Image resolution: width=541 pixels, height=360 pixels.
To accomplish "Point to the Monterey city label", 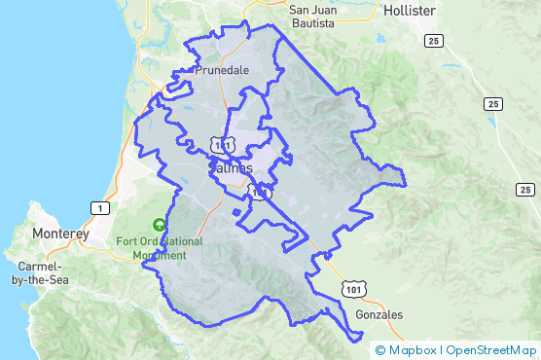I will point(60,234).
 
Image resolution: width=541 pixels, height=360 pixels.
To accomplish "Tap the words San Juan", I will point(314,9).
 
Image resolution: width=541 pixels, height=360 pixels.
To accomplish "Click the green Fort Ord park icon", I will point(146,223).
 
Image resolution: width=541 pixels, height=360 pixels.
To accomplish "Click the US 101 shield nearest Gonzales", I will point(353,290).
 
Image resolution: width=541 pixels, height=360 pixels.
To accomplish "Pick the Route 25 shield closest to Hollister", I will point(432,40).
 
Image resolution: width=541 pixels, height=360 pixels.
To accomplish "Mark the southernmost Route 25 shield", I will point(525,190).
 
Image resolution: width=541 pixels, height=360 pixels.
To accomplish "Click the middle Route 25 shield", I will point(493,103).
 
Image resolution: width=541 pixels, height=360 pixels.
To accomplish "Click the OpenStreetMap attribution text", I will point(491,350).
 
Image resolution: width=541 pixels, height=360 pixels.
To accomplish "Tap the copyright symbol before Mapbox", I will point(380,350).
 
